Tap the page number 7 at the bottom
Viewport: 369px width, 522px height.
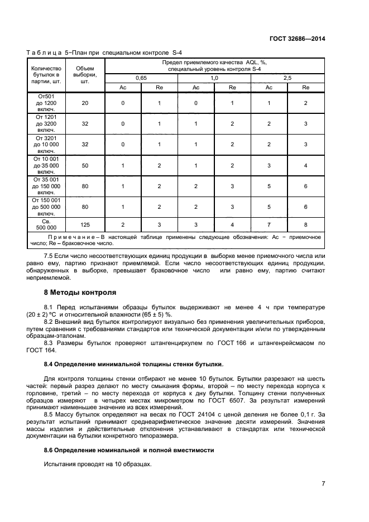323,483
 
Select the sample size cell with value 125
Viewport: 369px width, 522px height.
85,224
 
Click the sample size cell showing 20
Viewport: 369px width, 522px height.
85,103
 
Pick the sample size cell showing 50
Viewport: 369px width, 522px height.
85,166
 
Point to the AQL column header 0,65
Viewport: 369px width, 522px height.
141,78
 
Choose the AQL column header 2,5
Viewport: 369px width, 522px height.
287,78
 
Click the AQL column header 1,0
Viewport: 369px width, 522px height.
214,78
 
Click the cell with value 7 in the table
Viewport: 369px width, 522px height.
269,224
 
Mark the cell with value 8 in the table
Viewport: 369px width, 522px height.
305,224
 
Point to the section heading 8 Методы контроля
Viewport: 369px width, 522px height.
80,292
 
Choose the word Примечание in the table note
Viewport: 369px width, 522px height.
65,237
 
